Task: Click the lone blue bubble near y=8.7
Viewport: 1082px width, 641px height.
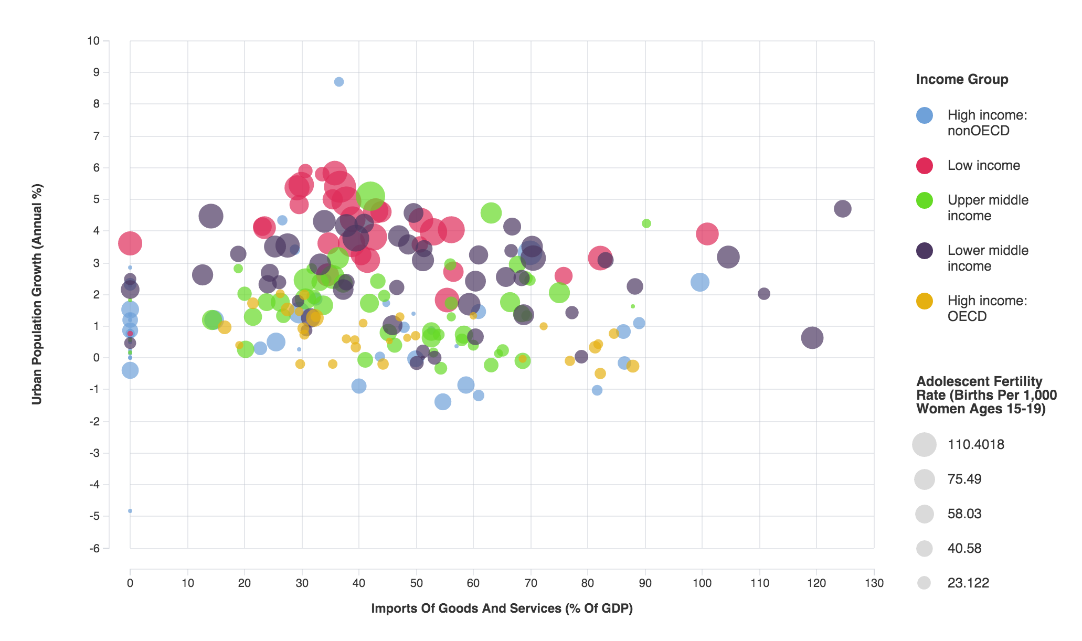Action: click(x=339, y=82)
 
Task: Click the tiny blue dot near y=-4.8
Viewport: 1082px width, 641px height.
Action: click(x=130, y=511)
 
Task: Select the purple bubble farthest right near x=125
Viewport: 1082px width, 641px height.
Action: click(x=842, y=209)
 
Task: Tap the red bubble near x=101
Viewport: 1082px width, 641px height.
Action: click(x=707, y=233)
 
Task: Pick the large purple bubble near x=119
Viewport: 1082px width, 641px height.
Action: click(x=812, y=338)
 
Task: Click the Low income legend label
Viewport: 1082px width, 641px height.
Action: click(x=983, y=165)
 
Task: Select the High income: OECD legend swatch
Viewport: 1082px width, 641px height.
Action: click(x=924, y=301)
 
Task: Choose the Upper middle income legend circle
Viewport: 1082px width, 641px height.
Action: click(x=924, y=200)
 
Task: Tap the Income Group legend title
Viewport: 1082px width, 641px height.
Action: click(x=962, y=79)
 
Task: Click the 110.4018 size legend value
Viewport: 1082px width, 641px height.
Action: click(x=975, y=445)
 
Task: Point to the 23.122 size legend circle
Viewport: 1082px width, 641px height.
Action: click(x=924, y=583)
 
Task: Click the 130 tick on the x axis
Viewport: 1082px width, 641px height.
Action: click(x=874, y=583)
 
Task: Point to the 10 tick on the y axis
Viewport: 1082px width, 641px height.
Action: click(x=93, y=41)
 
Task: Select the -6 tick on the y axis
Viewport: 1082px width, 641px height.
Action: click(x=94, y=549)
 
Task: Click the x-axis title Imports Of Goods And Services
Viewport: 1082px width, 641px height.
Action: click(x=502, y=608)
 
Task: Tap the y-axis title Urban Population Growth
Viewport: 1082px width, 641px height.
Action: click(x=37, y=294)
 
